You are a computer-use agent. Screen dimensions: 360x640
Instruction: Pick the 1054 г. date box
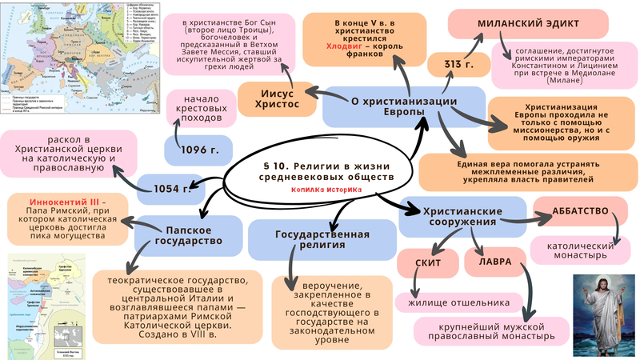pyautogui.click(x=166, y=189)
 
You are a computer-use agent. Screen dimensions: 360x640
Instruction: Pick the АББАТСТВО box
pyautogui.click(x=581, y=212)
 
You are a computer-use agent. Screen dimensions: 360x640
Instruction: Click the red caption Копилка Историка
pyautogui.click(x=326, y=190)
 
